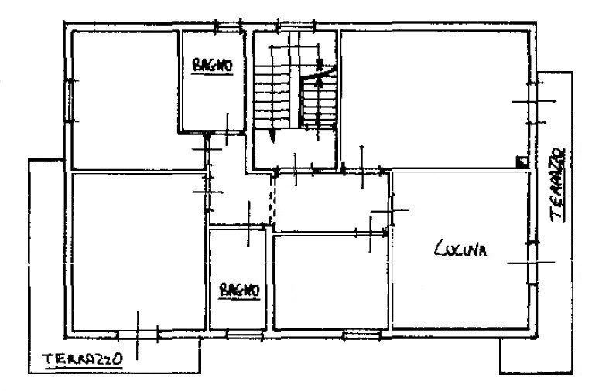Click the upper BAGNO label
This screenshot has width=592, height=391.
212,65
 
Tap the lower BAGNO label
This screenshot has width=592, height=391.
240,290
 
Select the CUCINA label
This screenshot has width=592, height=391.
460,249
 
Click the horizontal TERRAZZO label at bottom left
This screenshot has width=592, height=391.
84,360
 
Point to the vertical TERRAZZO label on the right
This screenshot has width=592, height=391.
557,184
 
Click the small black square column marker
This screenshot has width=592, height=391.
522,161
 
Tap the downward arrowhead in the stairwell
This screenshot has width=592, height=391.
272,135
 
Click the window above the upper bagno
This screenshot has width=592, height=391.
228,27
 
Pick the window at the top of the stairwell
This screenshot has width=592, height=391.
296,26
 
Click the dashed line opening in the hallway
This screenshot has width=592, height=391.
273,199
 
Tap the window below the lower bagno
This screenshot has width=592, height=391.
245,334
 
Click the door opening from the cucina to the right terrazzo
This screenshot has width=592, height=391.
533,263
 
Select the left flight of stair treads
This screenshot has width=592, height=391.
272,97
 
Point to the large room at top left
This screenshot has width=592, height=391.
125,100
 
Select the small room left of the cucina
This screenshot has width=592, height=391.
330,281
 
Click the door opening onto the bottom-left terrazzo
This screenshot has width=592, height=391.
138,335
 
